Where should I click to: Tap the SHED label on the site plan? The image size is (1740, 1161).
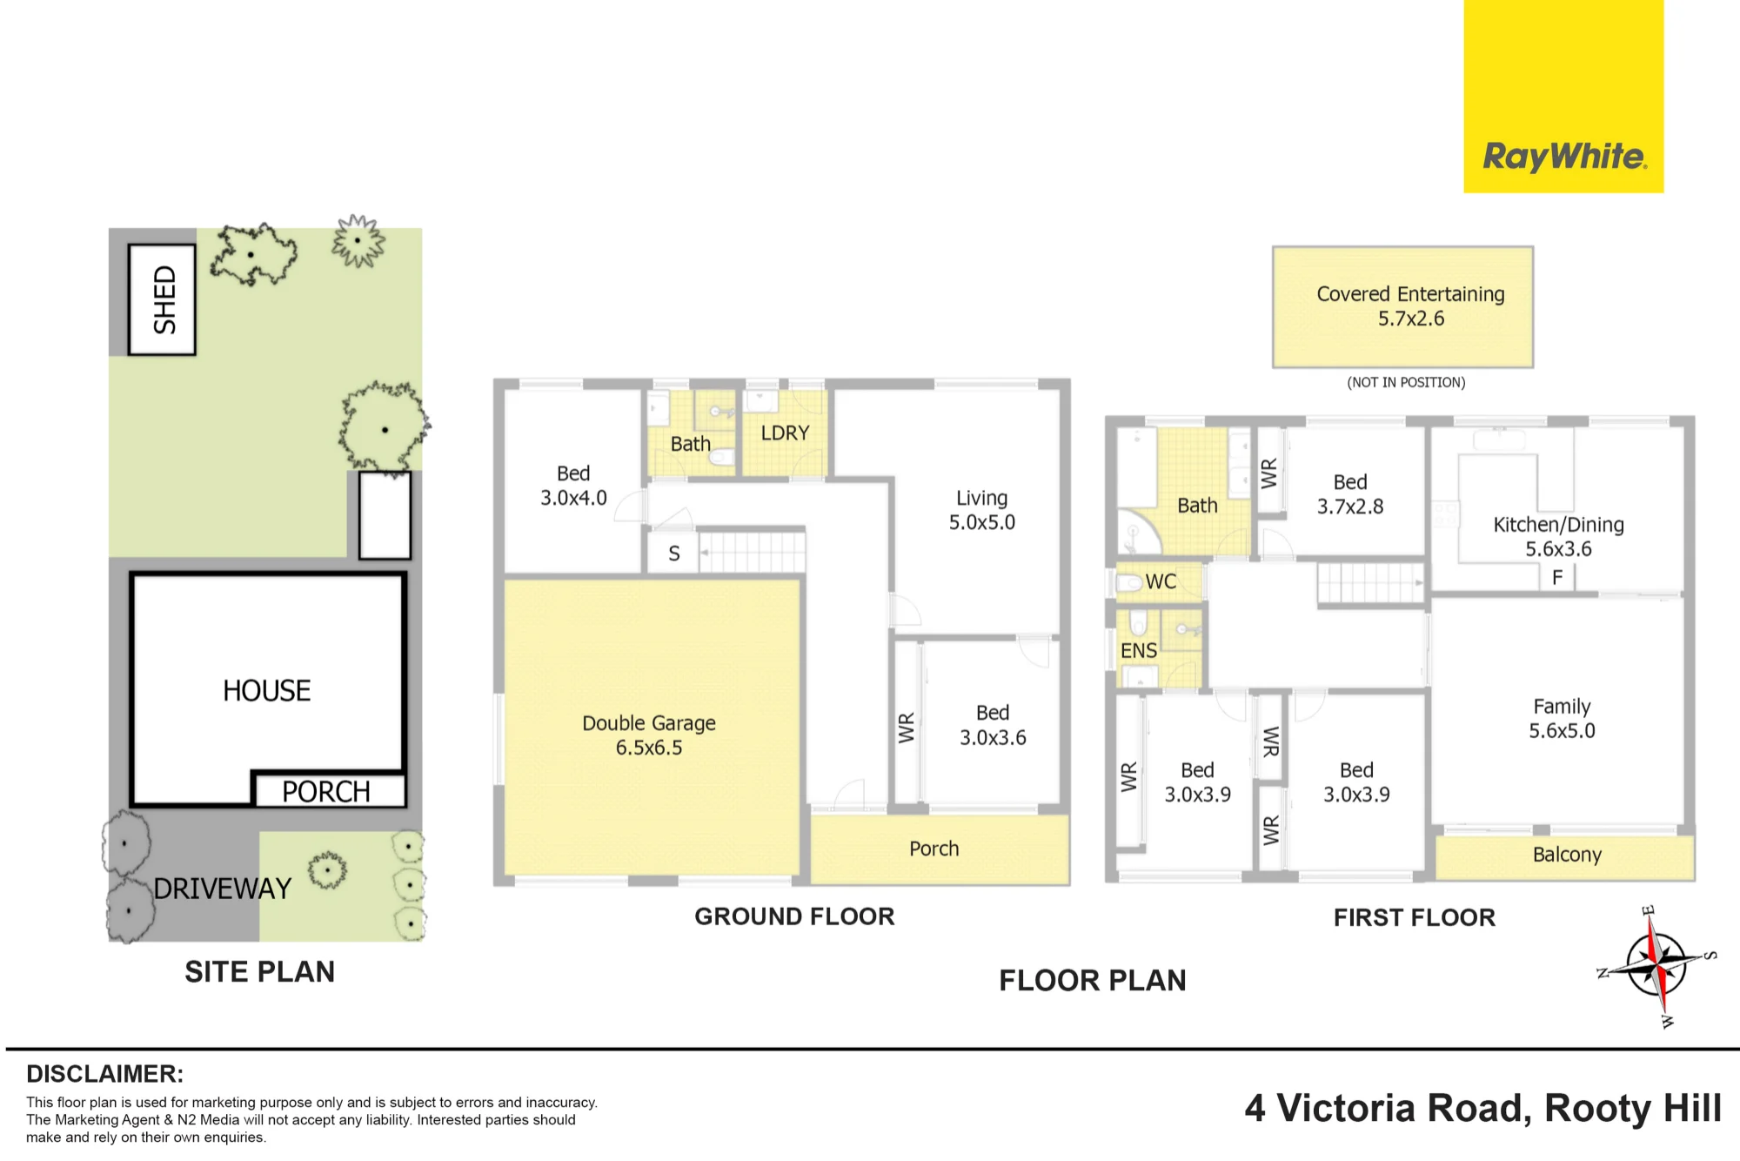click(164, 299)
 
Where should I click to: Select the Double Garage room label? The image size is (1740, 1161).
click(649, 735)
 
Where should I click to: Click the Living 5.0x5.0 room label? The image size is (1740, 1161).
click(982, 510)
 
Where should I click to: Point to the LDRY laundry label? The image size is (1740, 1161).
click(785, 433)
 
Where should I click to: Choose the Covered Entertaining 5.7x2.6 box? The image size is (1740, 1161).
click(1402, 307)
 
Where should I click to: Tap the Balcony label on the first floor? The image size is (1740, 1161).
click(1567, 855)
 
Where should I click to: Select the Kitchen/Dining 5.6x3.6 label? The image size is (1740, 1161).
click(1559, 536)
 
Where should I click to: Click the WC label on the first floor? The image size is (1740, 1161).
click(1161, 581)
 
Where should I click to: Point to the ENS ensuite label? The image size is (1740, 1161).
click(1139, 650)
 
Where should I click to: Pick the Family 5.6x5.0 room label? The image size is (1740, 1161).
click(1563, 718)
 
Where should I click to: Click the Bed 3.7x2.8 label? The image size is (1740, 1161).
click(1350, 494)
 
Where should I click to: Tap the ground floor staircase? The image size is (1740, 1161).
click(753, 552)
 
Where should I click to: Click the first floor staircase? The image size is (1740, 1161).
click(1371, 583)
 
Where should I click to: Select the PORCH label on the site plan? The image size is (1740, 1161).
click(326, 791)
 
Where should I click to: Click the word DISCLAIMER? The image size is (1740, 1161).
click(104, 1074)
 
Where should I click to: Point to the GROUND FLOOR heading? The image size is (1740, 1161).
click(794, 916)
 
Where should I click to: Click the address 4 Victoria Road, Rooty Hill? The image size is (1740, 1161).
click(1483, 1109)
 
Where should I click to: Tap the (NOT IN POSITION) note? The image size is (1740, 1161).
click(1406, 382)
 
